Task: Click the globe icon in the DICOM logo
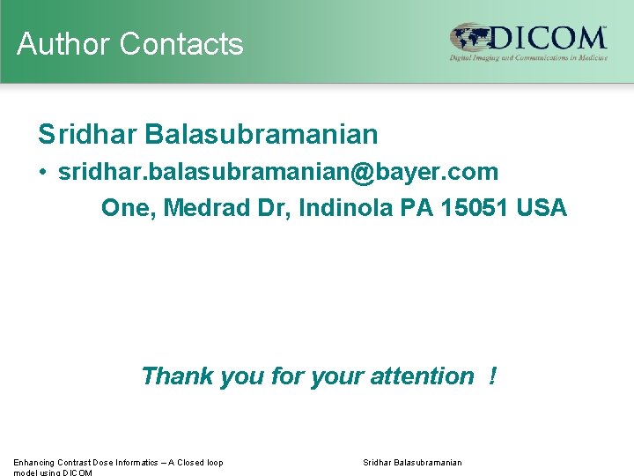coord(470,39)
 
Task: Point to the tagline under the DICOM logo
coord(528,58)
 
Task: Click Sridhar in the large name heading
coord(87,135)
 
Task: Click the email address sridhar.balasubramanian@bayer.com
coord(278,171)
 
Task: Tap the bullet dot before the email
coord(43,172)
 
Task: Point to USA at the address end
coord(542,208)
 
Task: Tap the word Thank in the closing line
coord(177,376)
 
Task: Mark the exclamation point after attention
coord(492,376)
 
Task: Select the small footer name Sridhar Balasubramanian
coord(412,463)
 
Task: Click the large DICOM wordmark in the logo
coord(549,38)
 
